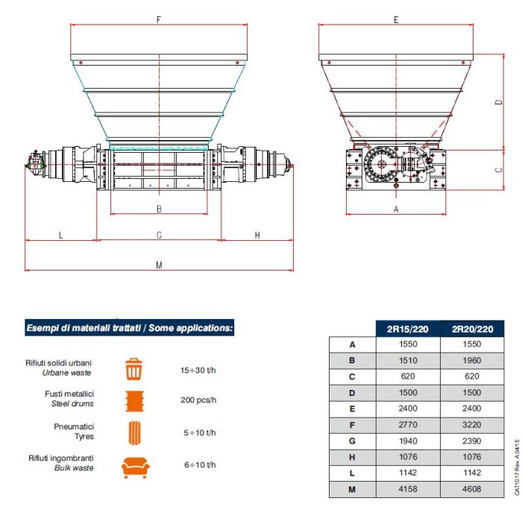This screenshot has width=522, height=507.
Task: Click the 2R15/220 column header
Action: pyautogui.click(x=407, y=329)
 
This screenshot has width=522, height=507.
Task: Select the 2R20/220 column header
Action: pyautogui.click(x=472, y=329)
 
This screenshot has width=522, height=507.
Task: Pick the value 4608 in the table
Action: pyautogui.click(x=472, y=489)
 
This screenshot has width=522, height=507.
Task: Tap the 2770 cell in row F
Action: pyautogui.click(x=408, y=425)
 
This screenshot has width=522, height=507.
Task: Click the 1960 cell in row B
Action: pyautogui.click(x=472, y=360)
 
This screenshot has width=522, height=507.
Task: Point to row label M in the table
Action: pyautogui.click(x=352, y=489)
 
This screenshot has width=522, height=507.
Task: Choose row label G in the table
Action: pyautogui.click(x=352, y=441)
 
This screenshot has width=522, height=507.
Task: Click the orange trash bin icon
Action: pyautogui.click(x=133, y=369)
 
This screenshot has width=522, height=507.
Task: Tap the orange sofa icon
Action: pyautogui.click(x=135, y=467)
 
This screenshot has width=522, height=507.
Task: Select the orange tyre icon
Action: pyautogui.click(x=134, y=432)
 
